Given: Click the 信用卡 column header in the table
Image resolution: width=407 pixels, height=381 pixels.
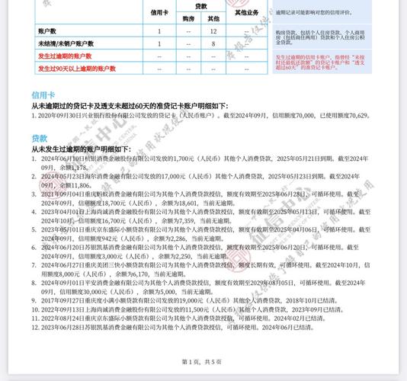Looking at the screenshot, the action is (159, 12).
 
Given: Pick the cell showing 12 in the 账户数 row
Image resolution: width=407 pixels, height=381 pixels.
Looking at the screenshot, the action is (214, 30).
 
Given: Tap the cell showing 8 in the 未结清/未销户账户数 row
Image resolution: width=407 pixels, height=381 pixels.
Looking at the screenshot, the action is (214, 43).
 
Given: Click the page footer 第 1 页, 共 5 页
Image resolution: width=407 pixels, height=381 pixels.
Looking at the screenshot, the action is (202, 361).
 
